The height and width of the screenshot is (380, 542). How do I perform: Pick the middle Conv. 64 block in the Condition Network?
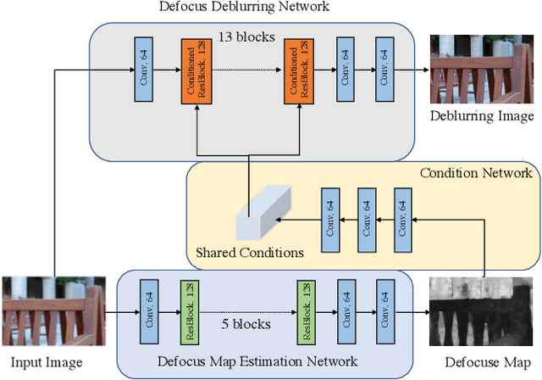click(367, 219)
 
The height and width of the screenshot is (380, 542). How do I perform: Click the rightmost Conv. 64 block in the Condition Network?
click(403, 219)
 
